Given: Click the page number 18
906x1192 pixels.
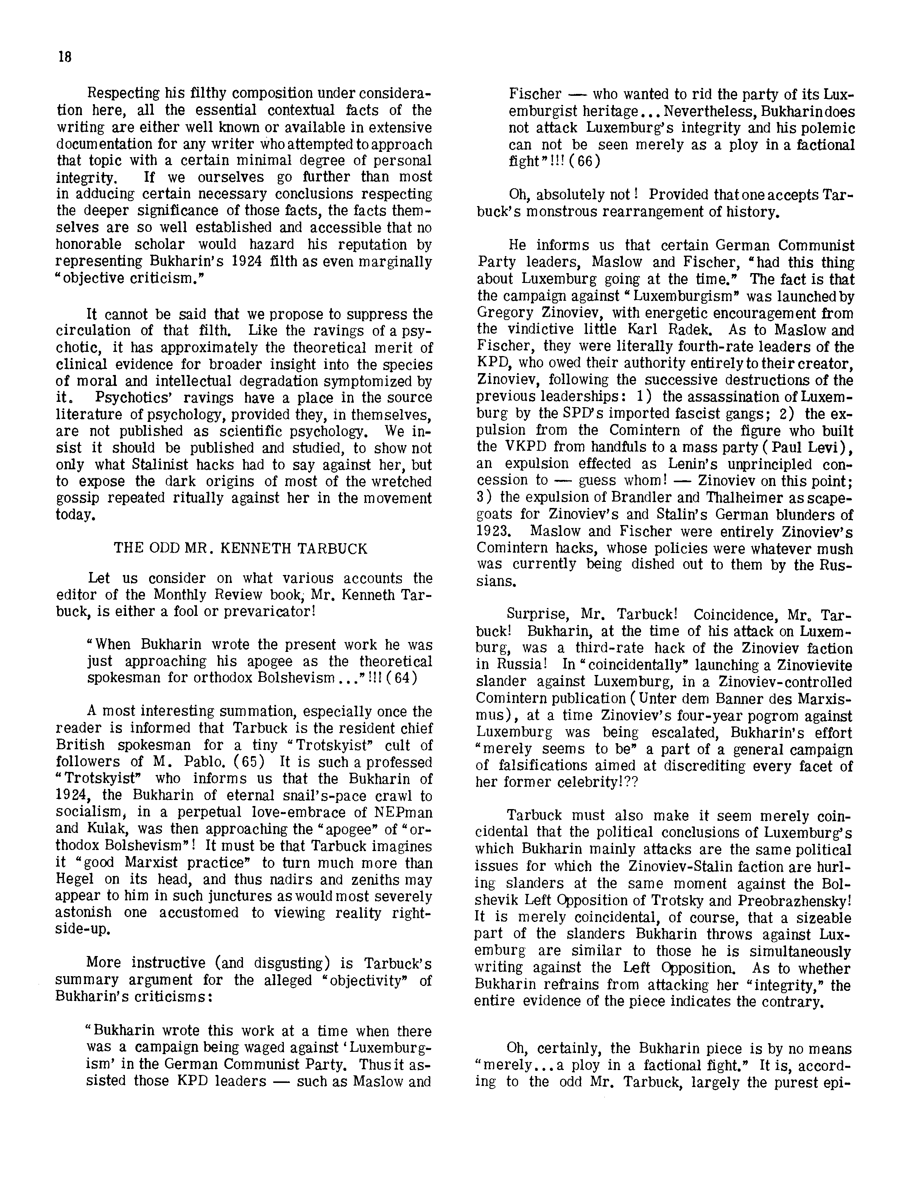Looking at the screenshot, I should click(65, 57).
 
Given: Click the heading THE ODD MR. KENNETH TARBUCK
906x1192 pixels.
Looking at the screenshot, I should click(241, 549).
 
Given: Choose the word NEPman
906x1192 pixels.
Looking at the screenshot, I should click(401, 812).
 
